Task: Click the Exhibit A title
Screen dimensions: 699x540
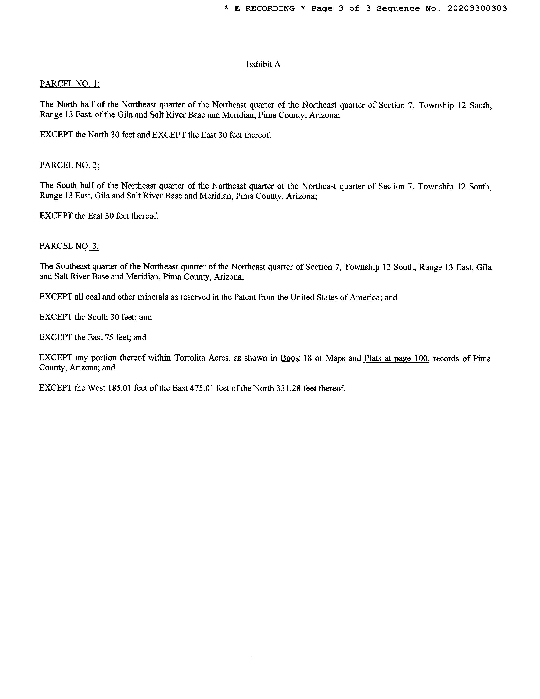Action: [x=263, y=64]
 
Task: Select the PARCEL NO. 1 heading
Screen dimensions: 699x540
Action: [x=69, y=84]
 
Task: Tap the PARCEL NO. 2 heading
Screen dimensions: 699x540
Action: [x=69, y=165]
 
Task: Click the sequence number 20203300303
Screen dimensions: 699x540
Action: [x=477, y=9]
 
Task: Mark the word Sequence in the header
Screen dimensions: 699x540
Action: [x=398, y=9]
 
